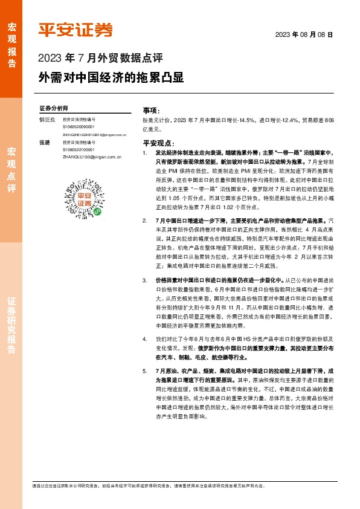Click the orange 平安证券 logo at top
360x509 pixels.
[x=76, y=29]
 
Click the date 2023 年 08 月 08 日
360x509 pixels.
[x=304, y=35]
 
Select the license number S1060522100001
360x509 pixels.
[x=82, y=149]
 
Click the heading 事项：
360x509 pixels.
[x=150, y=111]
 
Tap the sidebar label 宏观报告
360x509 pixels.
[x=11, y=46]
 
